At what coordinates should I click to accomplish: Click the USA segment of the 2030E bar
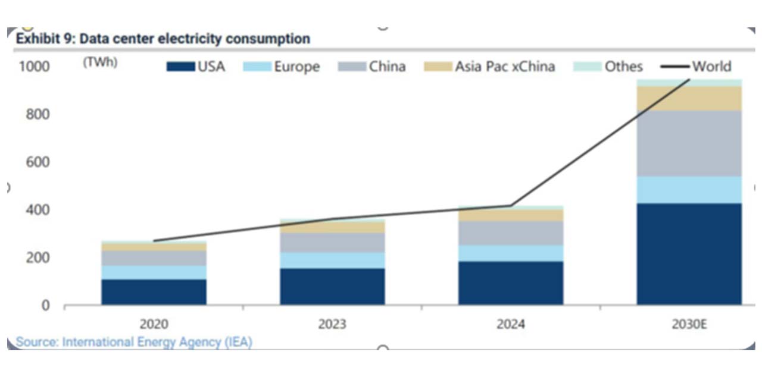pyautogui.click(x=689, y=254)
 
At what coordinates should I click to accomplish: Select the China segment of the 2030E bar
pyautogui.click(x=689, y=143)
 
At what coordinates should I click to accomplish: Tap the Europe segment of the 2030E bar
pyautogui.click(x=689, y=190)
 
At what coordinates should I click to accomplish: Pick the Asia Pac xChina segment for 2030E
pyautogui.click(x=689, y=99)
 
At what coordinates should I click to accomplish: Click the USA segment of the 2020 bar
pyautogui.click(x=154, y=292)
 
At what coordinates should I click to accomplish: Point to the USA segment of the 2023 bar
pyautogui.click(x=332, y=287)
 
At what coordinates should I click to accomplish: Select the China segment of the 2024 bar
pyautogui.click(x=510, y=233)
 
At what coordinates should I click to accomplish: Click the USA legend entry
pyautogui.click(x=196, y=67)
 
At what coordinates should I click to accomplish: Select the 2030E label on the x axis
pyautogui.click(x=689, y=325)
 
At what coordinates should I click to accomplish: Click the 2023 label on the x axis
pyautogui.click(x=332, y=325)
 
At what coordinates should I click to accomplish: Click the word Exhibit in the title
pyautogui.click(x=36, y=39)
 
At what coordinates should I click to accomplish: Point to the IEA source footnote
pyautogui.click(x=134, y=343)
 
